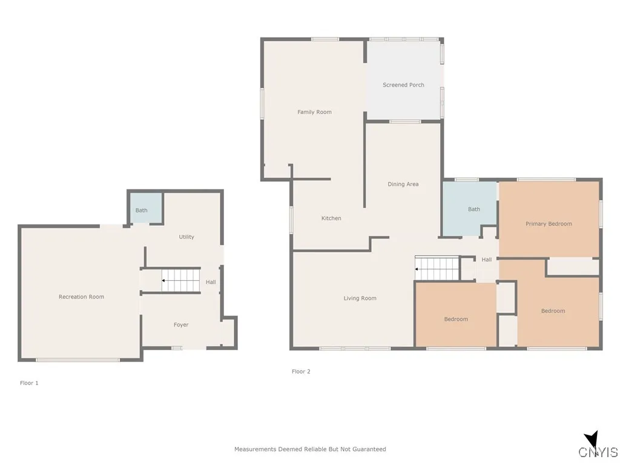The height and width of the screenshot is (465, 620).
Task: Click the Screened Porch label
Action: [403, 85]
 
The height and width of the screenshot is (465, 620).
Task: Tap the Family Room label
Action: [314, 112]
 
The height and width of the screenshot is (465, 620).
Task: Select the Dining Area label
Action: [403, 184]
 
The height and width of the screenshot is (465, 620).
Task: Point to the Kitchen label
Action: [331, 219]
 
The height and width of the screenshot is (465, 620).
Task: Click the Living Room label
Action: [360, 298]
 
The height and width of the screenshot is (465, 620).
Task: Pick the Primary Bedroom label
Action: [549, 224]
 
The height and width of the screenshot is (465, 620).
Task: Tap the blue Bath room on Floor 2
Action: [469, 209]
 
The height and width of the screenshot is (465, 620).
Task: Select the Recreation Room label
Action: [81, 297]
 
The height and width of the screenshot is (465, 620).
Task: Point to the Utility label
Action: [186, 237]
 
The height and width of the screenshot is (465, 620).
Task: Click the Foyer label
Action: [181, 325]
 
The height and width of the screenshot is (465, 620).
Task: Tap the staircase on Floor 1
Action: [180, 280]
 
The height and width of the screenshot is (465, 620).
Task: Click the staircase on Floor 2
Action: [436, 268]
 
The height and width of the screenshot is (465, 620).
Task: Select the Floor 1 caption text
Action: [29, 383]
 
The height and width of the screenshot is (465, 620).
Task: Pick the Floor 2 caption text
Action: [301, 372]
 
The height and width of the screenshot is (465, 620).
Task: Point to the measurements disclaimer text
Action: [310, 449]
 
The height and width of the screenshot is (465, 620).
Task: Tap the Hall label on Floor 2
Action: [487, 260]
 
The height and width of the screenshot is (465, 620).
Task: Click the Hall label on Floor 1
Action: [211, 282]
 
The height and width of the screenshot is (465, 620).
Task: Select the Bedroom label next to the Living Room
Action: [456, 320]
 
